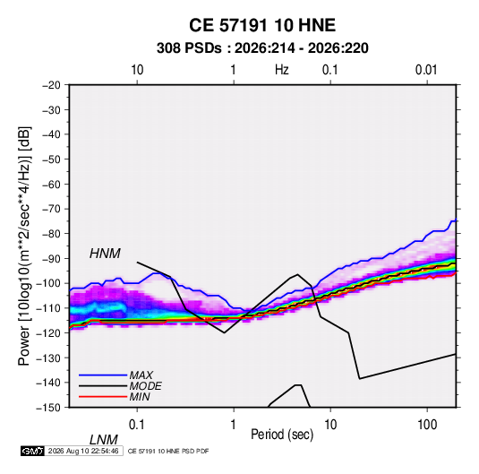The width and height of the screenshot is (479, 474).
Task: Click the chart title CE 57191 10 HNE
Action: [262, 25]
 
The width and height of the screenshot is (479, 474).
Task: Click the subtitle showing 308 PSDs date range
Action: [262, 48]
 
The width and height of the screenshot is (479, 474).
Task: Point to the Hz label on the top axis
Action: [281, 70]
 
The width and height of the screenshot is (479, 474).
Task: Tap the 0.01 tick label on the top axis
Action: [426, 70]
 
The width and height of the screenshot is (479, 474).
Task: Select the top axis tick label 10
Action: [137, 70]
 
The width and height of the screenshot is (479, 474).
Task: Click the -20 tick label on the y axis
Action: [52, 85]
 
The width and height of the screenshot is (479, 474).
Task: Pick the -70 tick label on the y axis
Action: [52, 209]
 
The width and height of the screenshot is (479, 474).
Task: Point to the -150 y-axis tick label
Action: [49, 408]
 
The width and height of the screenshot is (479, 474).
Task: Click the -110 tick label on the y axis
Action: [49, 308]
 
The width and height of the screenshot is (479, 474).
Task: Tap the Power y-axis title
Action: [24, 246]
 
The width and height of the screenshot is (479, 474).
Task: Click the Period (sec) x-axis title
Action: [282, 435]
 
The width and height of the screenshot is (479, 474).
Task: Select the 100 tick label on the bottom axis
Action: [427, 425]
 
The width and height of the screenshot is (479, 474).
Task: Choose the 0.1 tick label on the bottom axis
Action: [136, 425]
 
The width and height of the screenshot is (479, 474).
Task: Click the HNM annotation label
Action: [105, 254]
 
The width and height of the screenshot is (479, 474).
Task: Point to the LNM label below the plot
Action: [103, 440]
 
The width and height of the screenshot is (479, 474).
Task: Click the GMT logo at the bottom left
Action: [33, 451]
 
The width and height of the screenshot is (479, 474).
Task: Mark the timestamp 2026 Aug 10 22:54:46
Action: [83, 451]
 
